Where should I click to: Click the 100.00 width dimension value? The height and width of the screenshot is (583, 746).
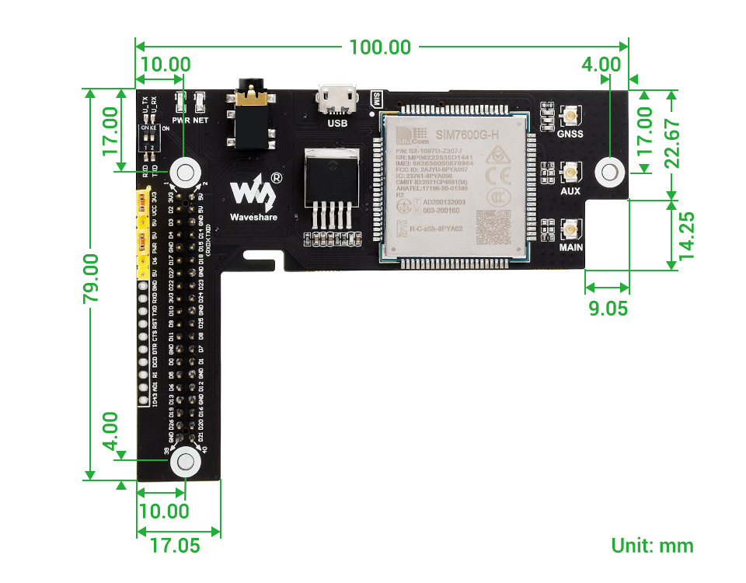pos(380,46)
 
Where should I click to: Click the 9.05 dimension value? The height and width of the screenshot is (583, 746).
pos(608,309)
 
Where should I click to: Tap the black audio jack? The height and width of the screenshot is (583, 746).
pos(251,117)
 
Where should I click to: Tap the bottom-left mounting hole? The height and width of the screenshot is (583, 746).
pos(186,462)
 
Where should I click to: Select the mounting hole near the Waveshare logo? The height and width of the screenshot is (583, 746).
pos(186,171)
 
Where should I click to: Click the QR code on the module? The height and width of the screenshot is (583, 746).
pos(494,226)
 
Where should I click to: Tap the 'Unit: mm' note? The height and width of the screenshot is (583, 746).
pos(652,546)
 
